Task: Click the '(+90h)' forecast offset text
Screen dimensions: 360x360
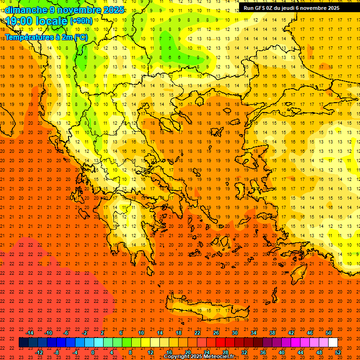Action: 81,21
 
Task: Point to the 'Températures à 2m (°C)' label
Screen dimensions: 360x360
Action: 46,37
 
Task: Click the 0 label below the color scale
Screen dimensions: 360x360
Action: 93,352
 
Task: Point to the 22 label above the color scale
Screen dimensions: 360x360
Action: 197,333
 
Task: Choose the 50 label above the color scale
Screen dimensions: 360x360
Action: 329,333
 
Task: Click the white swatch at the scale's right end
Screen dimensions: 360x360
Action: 333,343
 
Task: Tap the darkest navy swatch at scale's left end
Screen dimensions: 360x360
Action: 23,343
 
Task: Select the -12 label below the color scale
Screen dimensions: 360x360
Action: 39,352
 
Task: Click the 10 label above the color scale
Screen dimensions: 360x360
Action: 141,333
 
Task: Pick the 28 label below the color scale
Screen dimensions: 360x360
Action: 225,352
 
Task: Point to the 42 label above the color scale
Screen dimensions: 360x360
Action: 291,333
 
